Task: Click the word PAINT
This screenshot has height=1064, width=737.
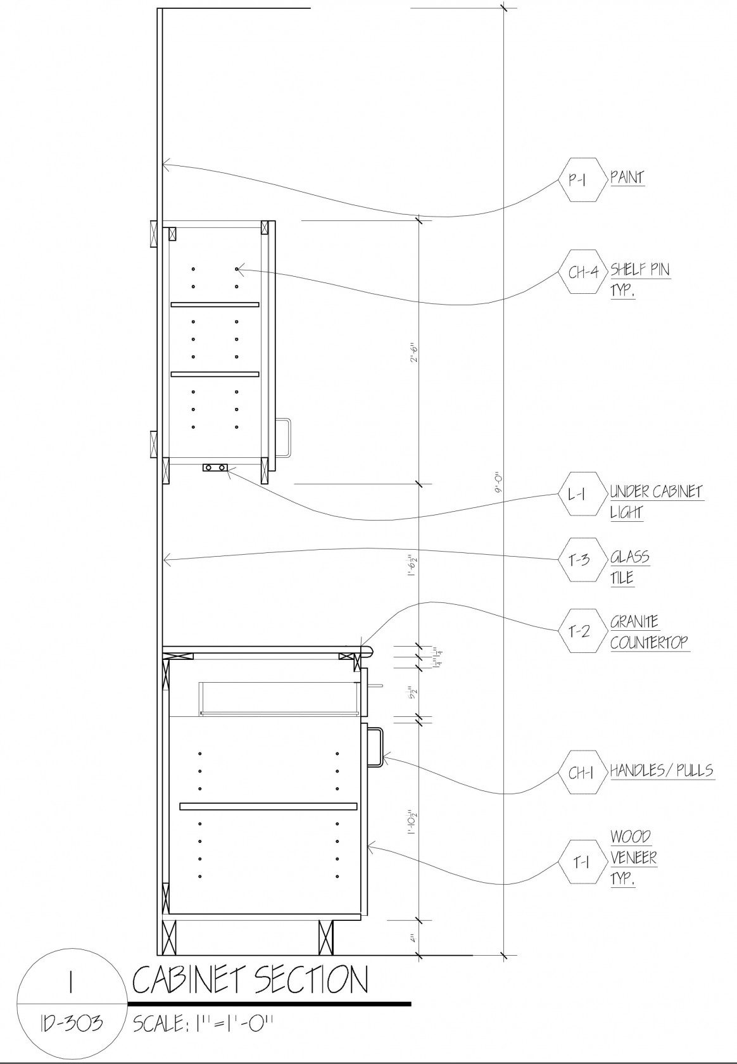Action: click(x=627, y=177)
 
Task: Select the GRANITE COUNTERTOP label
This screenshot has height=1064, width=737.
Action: click(x=648, y=632)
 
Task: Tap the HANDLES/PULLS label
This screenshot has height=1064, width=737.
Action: click(x=661, y=771)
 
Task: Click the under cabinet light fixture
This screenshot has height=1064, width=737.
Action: click(x=215, y=468)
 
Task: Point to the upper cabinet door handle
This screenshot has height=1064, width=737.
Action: click(x=284, y=437)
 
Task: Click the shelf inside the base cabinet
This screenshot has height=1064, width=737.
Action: click(x=268, y=806)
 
